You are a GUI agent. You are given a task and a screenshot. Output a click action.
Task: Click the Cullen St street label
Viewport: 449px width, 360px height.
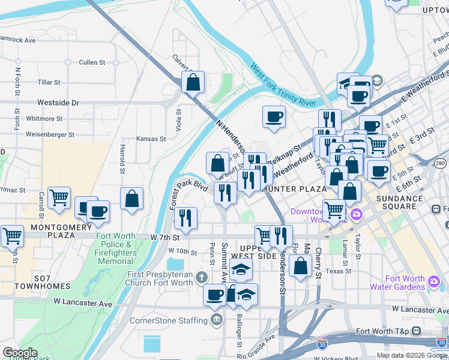[92, 62]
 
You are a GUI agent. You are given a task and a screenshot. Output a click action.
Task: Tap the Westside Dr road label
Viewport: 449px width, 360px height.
[58, 103]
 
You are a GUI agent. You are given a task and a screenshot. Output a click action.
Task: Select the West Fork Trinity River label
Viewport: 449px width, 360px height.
[283, 85]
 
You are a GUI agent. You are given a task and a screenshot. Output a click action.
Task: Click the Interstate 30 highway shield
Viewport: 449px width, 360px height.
[322, 345]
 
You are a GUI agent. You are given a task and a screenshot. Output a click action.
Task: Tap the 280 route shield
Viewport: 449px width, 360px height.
[441, 163]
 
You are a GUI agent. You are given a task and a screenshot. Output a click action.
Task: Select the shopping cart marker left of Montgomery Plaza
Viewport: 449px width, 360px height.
[11, 236]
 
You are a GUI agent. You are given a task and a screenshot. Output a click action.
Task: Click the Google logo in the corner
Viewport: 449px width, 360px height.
[20, 353]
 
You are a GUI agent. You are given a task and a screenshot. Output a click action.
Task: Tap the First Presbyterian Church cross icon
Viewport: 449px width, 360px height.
[201, 278]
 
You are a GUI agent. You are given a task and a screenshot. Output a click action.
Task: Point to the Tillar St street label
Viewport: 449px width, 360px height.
[49, 82]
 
